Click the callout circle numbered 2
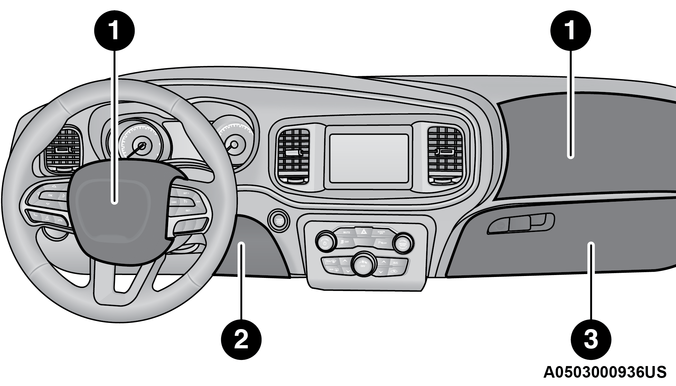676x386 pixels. point(241,339)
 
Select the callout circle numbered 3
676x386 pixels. point(591,339)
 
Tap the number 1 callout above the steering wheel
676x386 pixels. point(114,31)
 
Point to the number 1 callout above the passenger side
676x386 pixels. point(570,31)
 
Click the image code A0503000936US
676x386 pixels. point(605,372)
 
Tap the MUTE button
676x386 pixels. point(346,232)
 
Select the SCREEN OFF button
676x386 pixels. point(381,232)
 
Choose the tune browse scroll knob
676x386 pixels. point(403,243)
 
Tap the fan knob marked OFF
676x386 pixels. point(363,263)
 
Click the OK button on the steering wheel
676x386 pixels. point(50,195)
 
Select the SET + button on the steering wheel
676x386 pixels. point(186,193)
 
